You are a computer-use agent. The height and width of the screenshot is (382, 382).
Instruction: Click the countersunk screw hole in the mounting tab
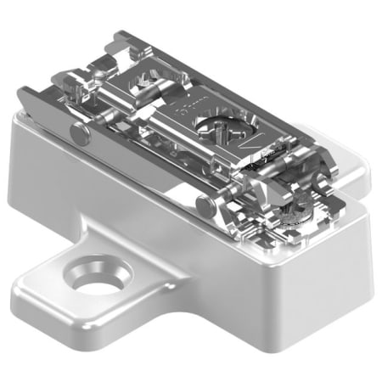[101, 278]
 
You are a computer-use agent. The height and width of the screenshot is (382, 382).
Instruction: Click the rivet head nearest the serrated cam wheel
[203, 205]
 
